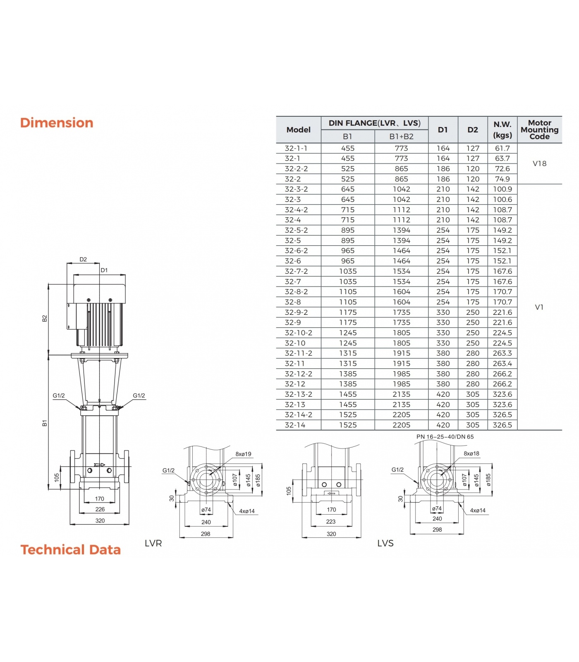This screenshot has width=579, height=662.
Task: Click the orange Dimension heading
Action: coord(57,123)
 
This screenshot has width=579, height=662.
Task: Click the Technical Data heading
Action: coord(71,549)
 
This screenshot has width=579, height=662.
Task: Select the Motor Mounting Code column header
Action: coord(539,130)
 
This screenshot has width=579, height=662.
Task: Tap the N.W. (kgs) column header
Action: coord(502,130)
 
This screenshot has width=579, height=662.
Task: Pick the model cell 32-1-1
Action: coord(296,148)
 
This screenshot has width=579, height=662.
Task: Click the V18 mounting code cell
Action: coord(539,163)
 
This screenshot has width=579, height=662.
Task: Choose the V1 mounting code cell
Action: coord(539,307)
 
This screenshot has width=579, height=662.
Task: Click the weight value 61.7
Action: coord(502,148)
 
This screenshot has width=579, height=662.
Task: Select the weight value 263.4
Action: coord(502,363)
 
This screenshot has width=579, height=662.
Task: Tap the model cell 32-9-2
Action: coord(296,312)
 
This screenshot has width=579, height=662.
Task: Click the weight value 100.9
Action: coord(502,189)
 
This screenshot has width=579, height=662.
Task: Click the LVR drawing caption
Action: coord(153,543)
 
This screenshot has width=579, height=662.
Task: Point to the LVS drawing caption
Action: coord(385,543)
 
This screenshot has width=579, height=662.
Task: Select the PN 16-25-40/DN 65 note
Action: coord(445,437)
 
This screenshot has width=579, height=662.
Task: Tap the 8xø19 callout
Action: coord(243,454)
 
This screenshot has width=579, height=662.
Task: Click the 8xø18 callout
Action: coord(471,453)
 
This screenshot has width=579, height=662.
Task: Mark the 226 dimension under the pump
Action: coord(100,509)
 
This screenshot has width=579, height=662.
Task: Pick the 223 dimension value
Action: coord(331,522)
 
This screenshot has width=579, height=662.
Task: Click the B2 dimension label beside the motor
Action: coord(45,318)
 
